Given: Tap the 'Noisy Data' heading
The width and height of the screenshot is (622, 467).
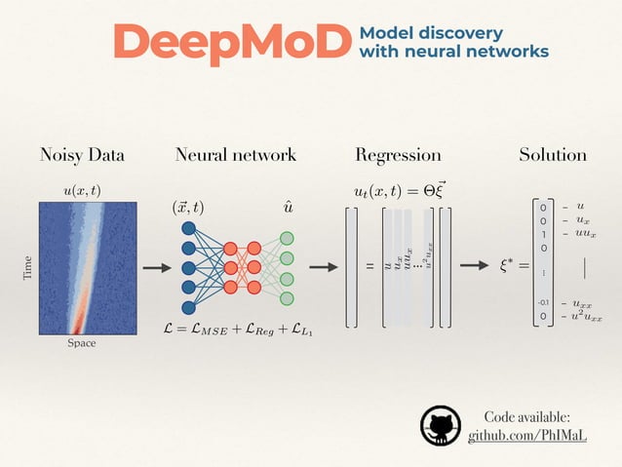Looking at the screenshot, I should (x=82, y=155).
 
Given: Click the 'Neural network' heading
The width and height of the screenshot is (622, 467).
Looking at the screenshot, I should (x=236, y=155).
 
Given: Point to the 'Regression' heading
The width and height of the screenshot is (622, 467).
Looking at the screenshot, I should (x=398, y=155).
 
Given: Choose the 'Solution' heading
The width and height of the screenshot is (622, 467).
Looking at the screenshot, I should (x=553, y=155).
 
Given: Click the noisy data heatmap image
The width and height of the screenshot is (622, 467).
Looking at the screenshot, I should (x=82, y=266).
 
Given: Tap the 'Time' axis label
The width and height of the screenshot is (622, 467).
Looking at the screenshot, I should (x=26, y=268).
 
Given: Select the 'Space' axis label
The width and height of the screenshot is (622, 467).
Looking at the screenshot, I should (x=82, y=343).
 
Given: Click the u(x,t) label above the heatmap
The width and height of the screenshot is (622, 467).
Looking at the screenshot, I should (x=82, y=190).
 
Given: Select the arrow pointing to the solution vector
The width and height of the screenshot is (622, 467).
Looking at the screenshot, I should (x=475, y=266).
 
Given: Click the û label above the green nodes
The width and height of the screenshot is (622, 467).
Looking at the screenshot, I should (x=289, y=208).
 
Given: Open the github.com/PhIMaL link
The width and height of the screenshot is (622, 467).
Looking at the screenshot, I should (x=527, y=436).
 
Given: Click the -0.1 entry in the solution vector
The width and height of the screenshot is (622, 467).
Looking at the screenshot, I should (x=544, y=303).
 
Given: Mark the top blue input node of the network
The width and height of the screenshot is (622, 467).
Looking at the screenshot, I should (x=188, y=228).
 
